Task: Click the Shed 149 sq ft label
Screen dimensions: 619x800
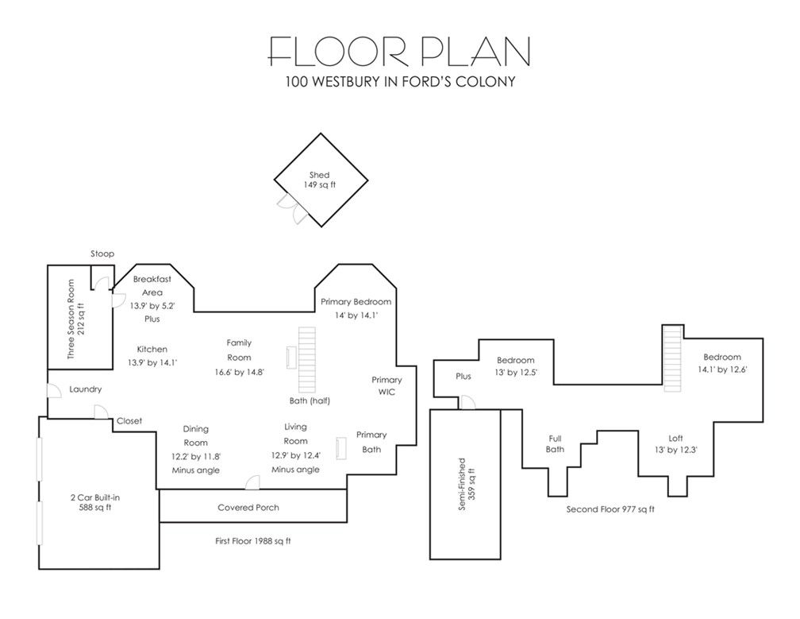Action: coord(320,180)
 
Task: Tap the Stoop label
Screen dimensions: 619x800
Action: coord(102,253)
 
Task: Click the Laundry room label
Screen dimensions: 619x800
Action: coord(85,389)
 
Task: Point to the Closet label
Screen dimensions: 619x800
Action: coord(129,421)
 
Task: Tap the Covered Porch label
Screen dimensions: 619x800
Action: coord(248,508)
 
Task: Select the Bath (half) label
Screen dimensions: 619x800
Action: coord(310,400)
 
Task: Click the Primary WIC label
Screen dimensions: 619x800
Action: coord(387,386)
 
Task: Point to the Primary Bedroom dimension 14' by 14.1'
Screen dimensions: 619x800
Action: coord(356,315)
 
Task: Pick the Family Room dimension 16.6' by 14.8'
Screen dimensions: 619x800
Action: coord(239,371)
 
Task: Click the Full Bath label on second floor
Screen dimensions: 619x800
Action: coord(556,443)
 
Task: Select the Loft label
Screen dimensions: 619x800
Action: coord(675,438)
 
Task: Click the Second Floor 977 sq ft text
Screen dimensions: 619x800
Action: coord(610,509)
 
